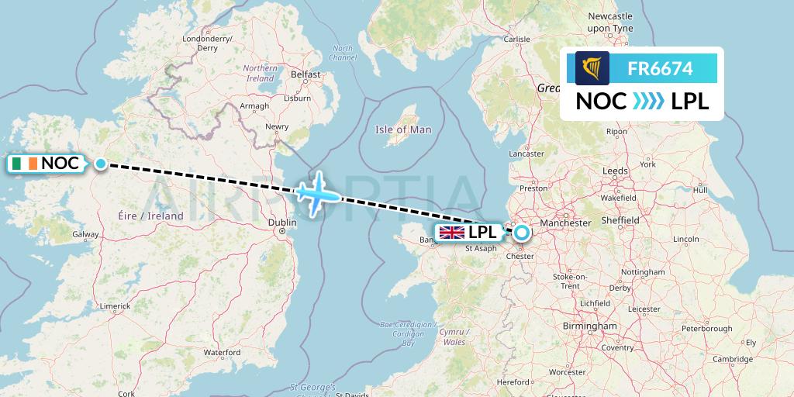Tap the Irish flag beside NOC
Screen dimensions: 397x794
click(x=24, y=164)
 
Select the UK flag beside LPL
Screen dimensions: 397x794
click(x=451, y=232)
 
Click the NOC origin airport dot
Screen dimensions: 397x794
click(x=101, y=163)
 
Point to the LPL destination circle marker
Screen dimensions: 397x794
click(x=521, y=232)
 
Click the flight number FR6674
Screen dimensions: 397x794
click(x=660, y=69)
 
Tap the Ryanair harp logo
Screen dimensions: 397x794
click(x=592, y=68)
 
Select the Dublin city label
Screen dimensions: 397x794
click(x=281, y=223)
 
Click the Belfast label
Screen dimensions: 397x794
click(x=306, y=74)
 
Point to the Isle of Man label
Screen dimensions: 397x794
click(x=403, y=129)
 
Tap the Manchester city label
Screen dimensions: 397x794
click(x=565, y=223)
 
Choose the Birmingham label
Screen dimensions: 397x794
click(x=590, y=326)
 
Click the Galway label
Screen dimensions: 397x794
click(x=85, y=234)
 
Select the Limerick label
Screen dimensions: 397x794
click(x=114, y=306)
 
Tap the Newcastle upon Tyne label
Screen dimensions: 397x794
click(x=611, y=22)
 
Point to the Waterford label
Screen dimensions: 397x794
click(x=222, y=352)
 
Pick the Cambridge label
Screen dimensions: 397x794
click(x=733, y=358)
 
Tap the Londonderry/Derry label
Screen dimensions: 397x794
click(x=207, y=43)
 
